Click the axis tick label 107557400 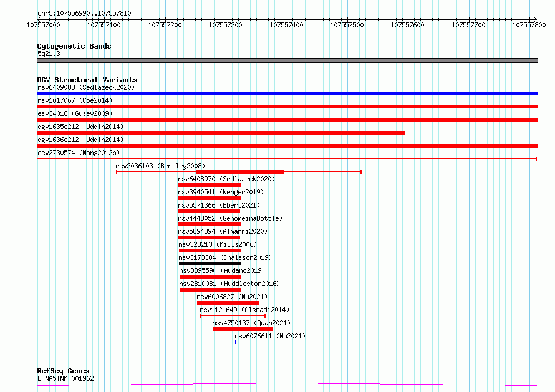coord(286,25)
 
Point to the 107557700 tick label coord(468,25)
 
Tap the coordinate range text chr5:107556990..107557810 coord(84,14)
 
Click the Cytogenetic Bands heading coord(74,46)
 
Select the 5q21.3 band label coord(49,54)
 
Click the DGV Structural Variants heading coord(87,80)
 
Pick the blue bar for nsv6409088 coord(287,93)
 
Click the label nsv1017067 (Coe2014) coord(75,100)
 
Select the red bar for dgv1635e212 coord(221,133)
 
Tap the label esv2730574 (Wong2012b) coord(79,153)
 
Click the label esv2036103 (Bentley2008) coord(160,166)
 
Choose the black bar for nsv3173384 coord(210,264)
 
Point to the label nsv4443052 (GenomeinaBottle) coord(230,218)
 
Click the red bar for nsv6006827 coord(228,303)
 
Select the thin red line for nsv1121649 coord(233,315)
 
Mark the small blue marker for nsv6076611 coord(236,342)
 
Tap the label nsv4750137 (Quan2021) coord(251,323)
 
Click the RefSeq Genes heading coord(63,371)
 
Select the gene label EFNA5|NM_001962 coord(65,378)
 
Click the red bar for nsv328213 coord(210,251)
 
